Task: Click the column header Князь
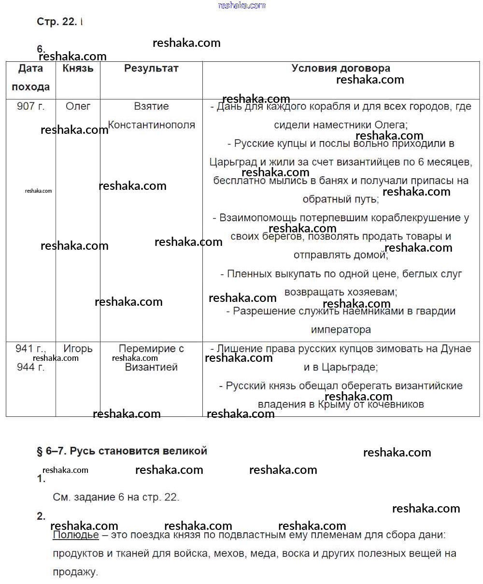(78, 69)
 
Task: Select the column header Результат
(151, 69)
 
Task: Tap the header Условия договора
(341, 69)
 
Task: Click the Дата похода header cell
(30, 78)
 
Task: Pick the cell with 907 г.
(30, 106)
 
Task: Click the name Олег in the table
(78, 106)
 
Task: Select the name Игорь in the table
(78, 349)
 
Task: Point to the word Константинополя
(151, 125)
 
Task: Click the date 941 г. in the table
(30, 349)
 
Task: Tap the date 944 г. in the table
(30, 367)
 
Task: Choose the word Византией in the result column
(151, 367)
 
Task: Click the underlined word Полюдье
(75, 535)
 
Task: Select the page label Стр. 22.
(57, 22)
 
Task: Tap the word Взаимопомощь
(259, 218)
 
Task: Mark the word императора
(341, 330)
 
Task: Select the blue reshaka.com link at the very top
(241, 5)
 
